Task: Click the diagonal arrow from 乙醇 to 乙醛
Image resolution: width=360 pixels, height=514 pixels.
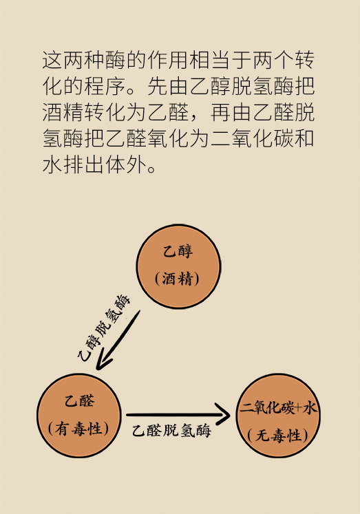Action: click(x=118, y=340)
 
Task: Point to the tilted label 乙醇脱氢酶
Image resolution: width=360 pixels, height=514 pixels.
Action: click(x=104, y=328)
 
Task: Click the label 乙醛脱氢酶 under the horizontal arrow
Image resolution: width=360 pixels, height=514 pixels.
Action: click(x=171, y=431)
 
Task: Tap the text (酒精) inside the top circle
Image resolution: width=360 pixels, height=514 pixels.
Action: click(x=178, y=279)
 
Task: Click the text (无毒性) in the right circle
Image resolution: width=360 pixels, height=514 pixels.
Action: click(x=278, y=436)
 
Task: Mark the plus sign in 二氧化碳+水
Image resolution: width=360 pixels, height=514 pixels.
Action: click(x=298, y=408)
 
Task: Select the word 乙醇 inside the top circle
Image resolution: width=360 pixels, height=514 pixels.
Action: click(x=178, y=252)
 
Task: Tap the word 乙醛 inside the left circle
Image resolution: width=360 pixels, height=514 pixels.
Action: click(x=79, y=401)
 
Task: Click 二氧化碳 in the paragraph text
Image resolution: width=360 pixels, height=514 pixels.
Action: click(x=252, y=138)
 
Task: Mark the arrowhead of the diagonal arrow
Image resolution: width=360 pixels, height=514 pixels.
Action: click(x=103, y=361)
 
